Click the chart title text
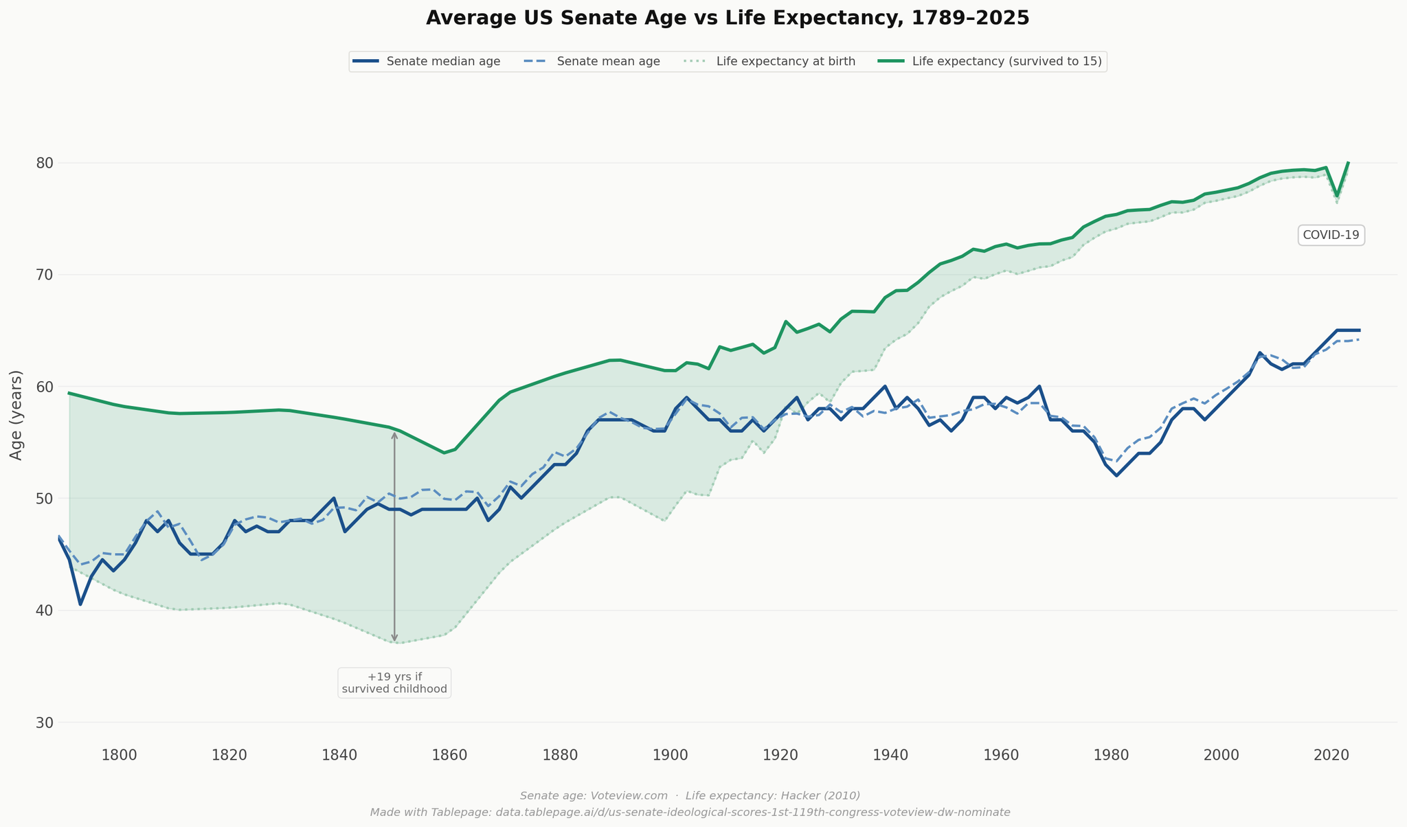click(728, 18)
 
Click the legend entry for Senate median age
click(442, 62)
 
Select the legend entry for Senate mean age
click(608, 62)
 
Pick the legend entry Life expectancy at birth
click(785, 62)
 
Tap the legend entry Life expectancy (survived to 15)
click(1006, 62)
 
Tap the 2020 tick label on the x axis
click(1332, 755)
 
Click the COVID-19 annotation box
click(1331, 235)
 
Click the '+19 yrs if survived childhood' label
click(394, 683)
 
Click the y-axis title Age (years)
click(16, 415)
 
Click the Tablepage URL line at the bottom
click(690, 812)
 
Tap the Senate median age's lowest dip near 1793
click(80, 604)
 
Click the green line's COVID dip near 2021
click(1337, 196)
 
